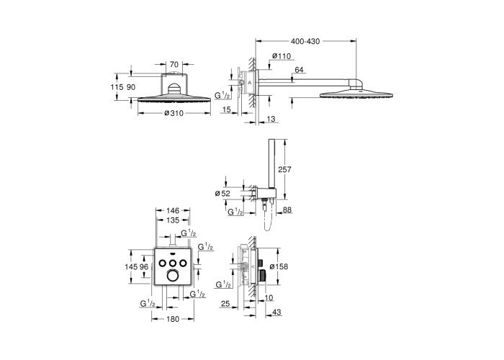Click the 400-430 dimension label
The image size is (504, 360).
pyautogui.click(x=305, y=42)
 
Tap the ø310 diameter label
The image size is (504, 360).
pyautogui.click(x=174, y=113)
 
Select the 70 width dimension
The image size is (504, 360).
pyautogui.click(x=174, y=64)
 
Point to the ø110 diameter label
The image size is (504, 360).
pyautogui.click(x=282, y=56)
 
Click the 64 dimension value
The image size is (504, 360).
pyautogui.click(x=299, y=70)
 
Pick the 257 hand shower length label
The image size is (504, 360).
pyautogui.click(x=284, y=169)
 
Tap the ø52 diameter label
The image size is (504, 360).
pyautogui.click(x=222, y=193)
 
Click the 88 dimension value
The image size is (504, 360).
pyautogui.click(x=287, y=210)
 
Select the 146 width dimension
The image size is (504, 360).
pyautogui.click(x=173, y=211)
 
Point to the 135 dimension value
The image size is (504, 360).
pyautogui.click(x=173, y=220)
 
